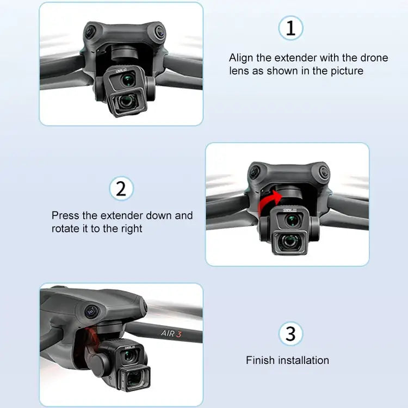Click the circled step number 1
click(x=290, y=28)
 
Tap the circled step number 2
click(x=121, y=189)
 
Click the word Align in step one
click(x=241, y=58)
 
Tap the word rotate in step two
click(x=65, y=229)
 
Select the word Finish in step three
click(x=261, y=360)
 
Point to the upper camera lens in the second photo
click(x=294, y=220)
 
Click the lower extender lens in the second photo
click(x=294, y=242)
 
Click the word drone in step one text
click(x=374, y=58)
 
